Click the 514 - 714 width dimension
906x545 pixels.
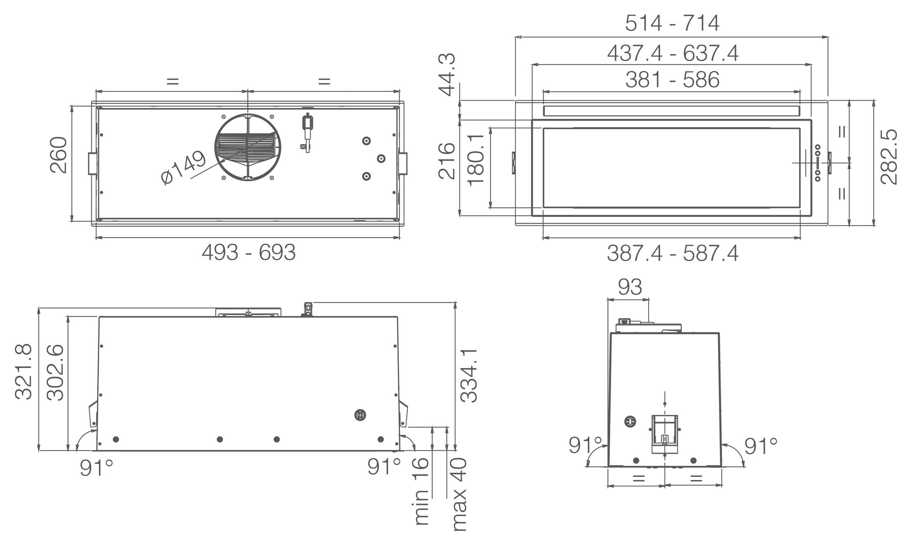(672, 23)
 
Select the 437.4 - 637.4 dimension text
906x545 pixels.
(673, 54)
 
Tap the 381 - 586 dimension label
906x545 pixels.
(672, 80)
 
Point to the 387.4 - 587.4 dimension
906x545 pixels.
(673, 253)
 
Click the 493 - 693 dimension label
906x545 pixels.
(249, 253)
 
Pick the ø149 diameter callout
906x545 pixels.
(183, 167)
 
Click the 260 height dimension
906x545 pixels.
(59, 155)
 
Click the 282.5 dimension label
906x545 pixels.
(889, 156)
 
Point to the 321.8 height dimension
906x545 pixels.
(24, 372)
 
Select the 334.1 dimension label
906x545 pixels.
(470, 375)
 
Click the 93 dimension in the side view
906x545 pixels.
(630, 287)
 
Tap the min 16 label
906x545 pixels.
(422, 492)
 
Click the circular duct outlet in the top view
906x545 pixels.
(247, 147)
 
